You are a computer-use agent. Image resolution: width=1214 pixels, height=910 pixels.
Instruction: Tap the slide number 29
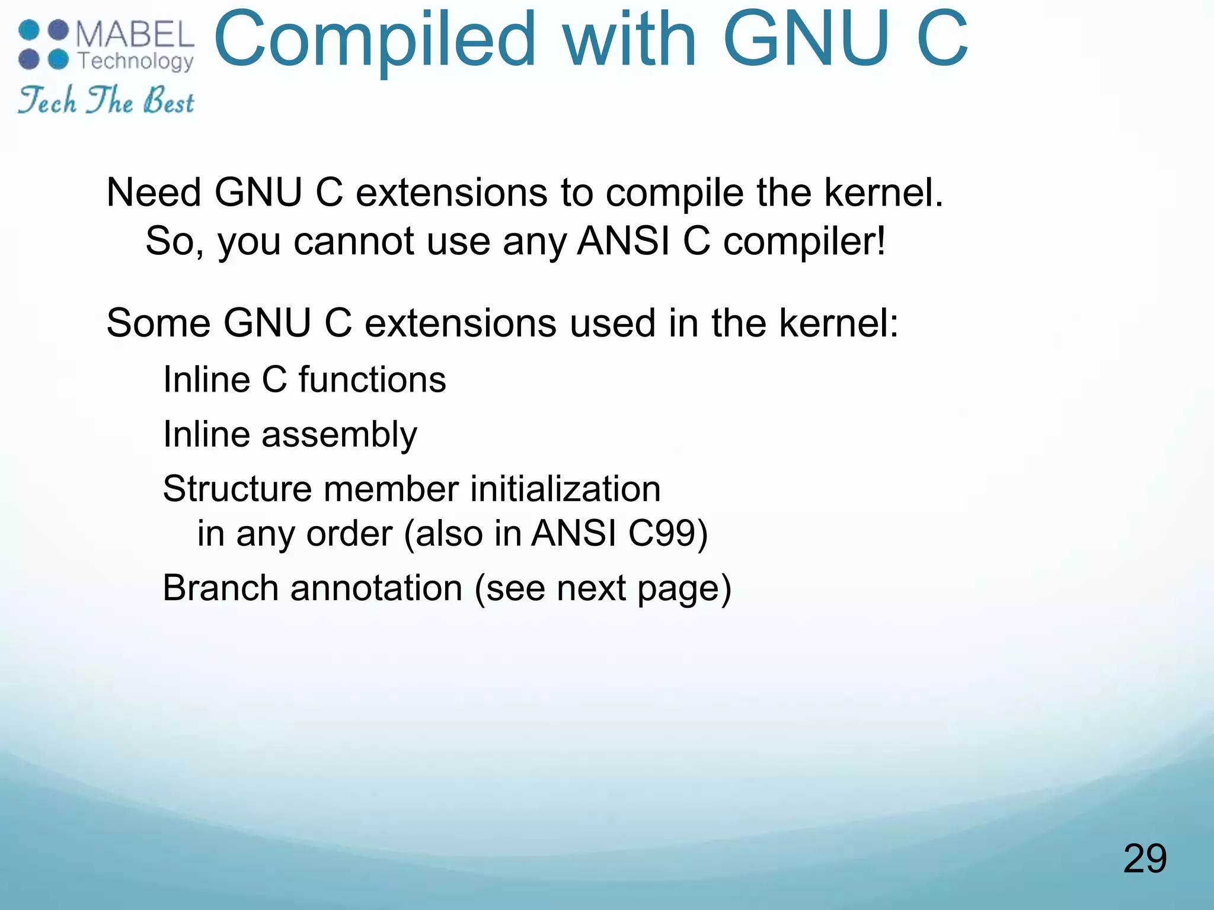coord(1145,858)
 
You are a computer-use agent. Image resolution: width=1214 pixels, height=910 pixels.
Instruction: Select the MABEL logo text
coord(135,35)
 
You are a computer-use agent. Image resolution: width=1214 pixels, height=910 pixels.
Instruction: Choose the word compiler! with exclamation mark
coord(804,242)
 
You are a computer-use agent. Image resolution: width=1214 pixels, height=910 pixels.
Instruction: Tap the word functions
coord(372,379)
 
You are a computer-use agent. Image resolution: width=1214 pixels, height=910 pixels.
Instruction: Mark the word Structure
coord(237,489)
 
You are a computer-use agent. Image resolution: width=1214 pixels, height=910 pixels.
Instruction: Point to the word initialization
coord(566,489)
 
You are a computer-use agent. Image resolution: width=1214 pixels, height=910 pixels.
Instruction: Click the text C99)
coord(668,533)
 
